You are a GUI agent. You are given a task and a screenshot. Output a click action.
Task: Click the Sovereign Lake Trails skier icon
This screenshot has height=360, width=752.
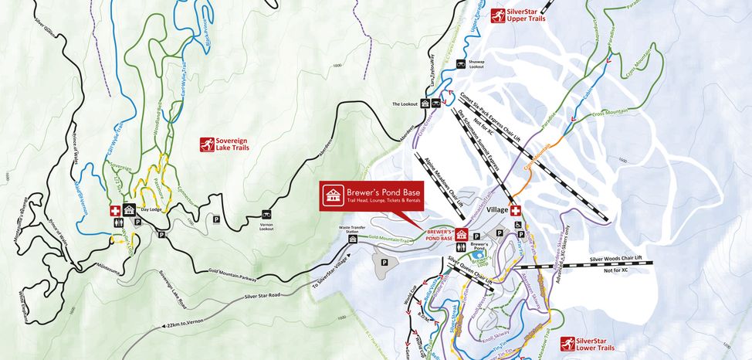(207, 144)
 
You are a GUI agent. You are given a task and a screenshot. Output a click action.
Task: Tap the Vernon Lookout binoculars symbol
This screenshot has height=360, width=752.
(267, 213)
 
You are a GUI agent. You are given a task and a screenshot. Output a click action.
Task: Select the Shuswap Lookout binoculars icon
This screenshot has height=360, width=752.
(461, 64)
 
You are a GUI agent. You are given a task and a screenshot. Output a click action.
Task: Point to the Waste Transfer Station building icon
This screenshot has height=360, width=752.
(353, 239)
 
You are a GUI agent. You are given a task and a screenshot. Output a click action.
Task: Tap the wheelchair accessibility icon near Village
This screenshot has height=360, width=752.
(519, 226)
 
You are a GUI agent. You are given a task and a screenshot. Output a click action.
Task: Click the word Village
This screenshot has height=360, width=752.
(498, 210)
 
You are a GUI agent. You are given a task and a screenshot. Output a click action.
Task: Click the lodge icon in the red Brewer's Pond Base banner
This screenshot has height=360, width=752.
(333, 196)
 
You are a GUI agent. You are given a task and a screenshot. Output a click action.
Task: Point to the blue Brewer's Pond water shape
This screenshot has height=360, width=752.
(479, 253)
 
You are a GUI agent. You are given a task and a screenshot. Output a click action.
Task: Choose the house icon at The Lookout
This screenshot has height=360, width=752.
(424, 104)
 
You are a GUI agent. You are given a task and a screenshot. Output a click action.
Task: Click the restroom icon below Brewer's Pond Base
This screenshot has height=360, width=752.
(461, 247)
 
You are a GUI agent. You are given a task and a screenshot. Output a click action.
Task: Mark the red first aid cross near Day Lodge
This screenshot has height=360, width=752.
(114, 210)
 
